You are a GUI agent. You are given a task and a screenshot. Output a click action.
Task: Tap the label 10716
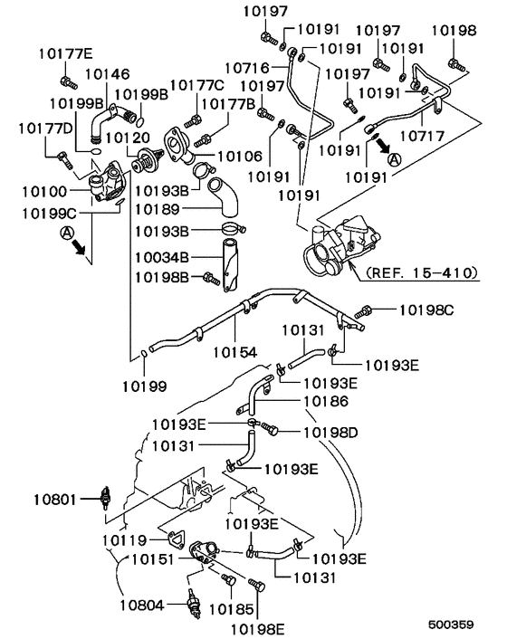pyautogui.click(x=247, y=66)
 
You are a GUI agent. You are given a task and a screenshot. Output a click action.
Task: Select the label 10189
pyautogui.click(x=159, y=209)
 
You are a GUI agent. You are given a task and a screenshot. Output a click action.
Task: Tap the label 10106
pyautogui.click(x=240, y=157)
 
